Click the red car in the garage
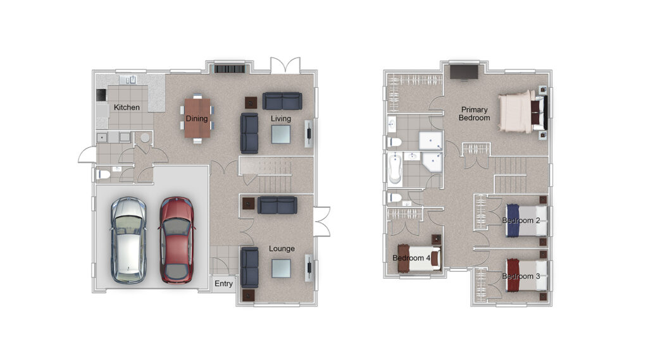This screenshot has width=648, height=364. tap(177, 240)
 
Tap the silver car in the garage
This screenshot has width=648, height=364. tap(128, 240)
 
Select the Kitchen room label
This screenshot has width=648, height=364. tap(127, 107)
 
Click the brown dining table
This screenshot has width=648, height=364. tap(197, 118)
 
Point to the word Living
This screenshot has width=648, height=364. tap(281, 119)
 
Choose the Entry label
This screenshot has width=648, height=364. tap(223, 284)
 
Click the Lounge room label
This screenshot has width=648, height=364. tap(282, 248)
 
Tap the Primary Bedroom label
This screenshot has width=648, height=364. tap(475, 114)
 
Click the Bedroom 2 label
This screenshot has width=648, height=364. tap(521, 221)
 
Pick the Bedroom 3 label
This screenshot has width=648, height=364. tap(521, 276)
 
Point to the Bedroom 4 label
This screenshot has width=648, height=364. tap(411, 258)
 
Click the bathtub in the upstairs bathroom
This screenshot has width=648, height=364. tap(395, 168)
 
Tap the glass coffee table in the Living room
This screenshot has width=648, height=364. tap(280, 134)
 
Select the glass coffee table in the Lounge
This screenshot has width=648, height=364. tap(281, 268)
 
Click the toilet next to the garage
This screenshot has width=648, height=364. tap(103, 174)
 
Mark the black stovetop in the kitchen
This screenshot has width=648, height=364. tap(101, 95)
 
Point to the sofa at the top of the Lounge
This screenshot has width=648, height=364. tap(277, 205)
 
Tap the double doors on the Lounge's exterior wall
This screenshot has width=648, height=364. tap(321, 221)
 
